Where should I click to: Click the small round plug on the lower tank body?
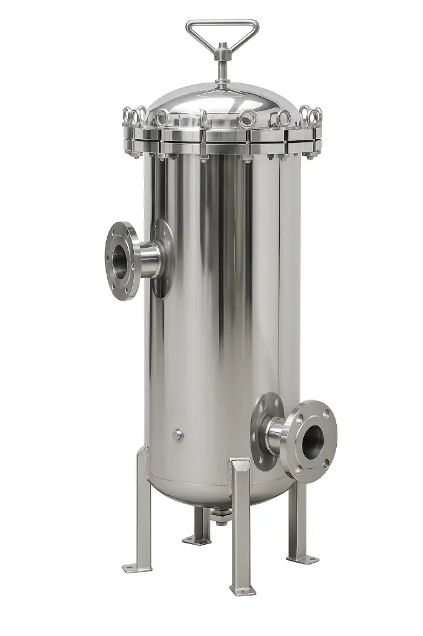pos(178,434)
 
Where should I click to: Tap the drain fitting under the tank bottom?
pos(221,515)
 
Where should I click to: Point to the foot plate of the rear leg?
pos(197,540)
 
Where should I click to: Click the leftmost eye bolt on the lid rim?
pos(128,116)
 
